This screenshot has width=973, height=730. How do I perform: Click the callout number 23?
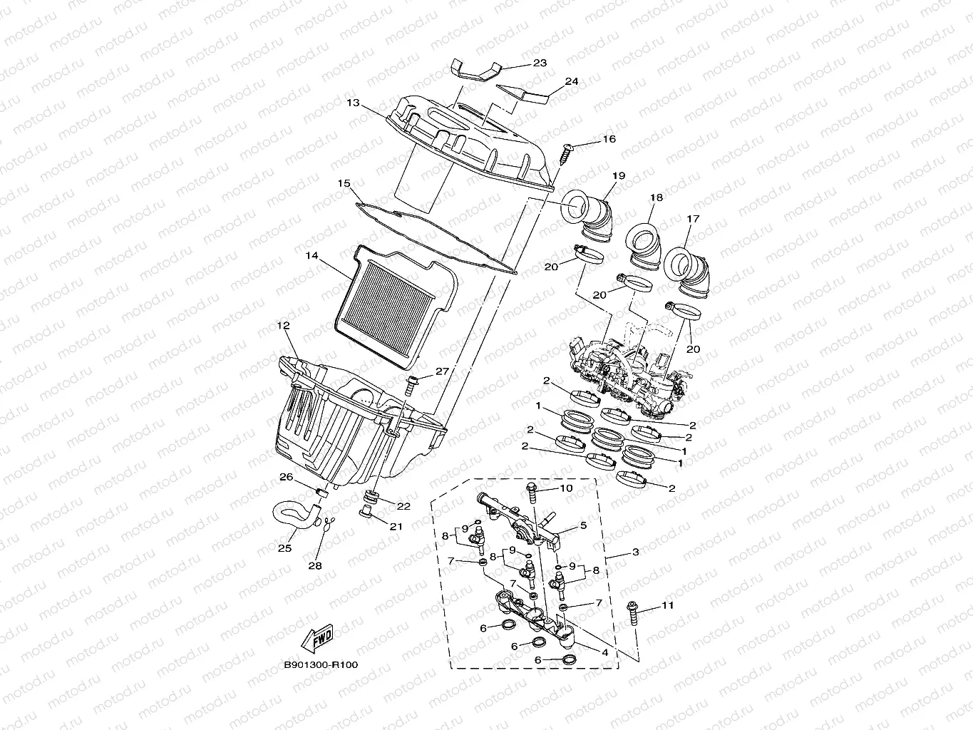coord(540,63)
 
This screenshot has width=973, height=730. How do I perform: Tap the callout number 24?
coord(571,81)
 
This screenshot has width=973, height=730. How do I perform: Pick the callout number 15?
coord(345,183)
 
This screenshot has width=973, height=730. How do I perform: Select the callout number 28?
coord(314,565)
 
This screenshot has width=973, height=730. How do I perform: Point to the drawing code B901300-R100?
coord(321,665)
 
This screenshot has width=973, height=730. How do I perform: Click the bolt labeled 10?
coord(532,493)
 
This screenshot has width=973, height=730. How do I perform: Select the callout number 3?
coord(635,552)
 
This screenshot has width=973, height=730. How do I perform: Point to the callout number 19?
coord(618,175)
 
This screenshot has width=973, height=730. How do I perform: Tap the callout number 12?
coord(284,325)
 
